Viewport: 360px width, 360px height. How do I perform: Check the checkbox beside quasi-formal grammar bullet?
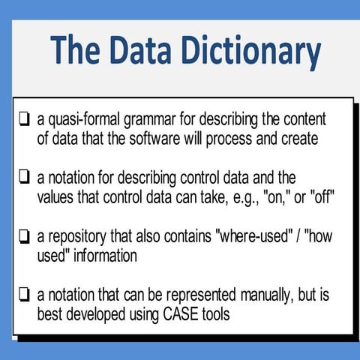(25, 118)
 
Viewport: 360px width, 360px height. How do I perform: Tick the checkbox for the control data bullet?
(25, 177)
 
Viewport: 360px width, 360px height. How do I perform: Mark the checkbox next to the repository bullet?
(25, 236)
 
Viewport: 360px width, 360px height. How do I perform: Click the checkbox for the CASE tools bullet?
(25, 295)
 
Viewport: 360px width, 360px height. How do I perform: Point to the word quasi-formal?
(82, 118)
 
